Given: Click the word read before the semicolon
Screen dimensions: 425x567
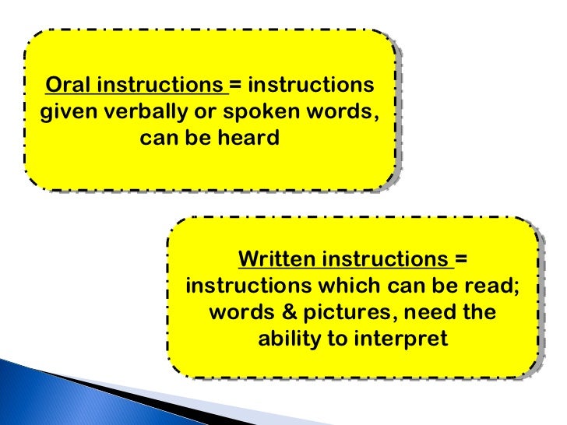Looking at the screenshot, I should coord(493,285).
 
